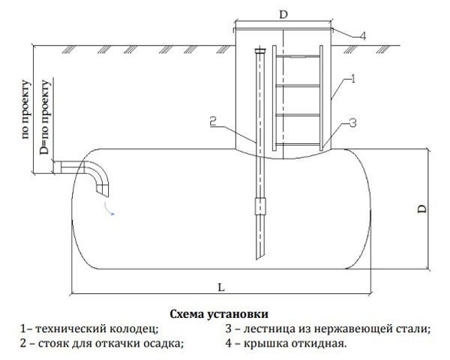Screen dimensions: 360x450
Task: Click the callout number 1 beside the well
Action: pos(351,77)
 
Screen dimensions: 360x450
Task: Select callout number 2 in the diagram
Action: pos(213,120)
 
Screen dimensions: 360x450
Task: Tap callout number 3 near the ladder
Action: pos(351,123)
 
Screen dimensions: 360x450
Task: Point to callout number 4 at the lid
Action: pos(361,35)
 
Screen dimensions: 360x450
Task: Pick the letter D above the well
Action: pos(282,13)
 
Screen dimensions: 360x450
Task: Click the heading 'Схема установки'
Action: pos(219,313)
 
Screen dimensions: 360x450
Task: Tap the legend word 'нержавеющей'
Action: pos(343,328)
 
